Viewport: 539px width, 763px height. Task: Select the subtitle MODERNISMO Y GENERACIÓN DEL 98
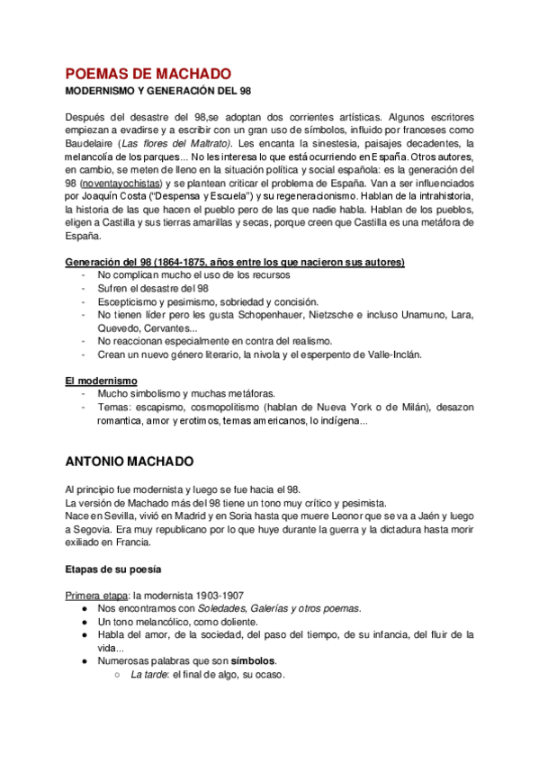coord(162,92)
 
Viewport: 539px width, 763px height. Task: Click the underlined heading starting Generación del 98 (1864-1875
coord(235,262)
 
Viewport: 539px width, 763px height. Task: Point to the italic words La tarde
coord(148,675)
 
